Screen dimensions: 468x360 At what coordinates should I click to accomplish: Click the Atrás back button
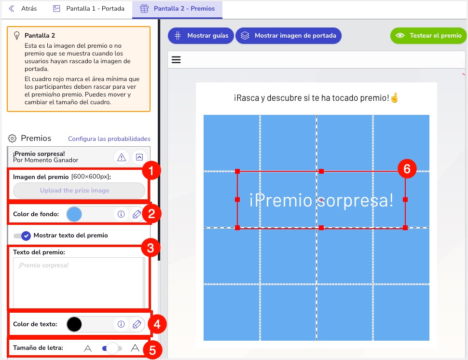click(x=23, y=8)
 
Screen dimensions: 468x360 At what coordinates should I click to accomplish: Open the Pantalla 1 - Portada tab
click(x=89, y=8)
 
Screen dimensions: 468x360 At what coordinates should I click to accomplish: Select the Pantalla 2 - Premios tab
click(x=177, y=9)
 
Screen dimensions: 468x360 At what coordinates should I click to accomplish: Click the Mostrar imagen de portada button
click(x=289, y=36)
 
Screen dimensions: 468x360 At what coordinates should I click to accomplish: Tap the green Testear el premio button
click(x=428, y=36)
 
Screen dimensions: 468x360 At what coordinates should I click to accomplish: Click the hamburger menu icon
click(x=176, y=60)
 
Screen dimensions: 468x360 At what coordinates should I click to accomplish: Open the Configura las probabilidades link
click(x=109, y=139)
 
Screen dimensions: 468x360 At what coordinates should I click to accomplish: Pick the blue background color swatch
click(x=74, y=214)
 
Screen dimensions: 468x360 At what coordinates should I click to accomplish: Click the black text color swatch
click(x=74, y=324)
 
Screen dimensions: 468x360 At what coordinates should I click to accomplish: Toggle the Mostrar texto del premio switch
click(x=22, y=235)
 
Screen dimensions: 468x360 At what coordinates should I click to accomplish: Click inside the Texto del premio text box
click(x=79, y=282)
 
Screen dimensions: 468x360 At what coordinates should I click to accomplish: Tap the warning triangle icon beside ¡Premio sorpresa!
click(x=122, y=157)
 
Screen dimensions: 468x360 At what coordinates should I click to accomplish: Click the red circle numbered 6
click(x=407, y=169)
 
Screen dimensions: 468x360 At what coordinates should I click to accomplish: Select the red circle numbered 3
click(x=151, y=248)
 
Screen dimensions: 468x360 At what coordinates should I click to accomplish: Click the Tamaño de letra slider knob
click(x=112, y=348)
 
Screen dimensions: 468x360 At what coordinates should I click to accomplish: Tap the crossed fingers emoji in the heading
click(x=395, y=97)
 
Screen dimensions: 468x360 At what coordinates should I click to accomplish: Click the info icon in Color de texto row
click(x=121, y=324)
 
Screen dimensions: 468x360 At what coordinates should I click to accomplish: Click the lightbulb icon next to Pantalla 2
click(x=17, y=36)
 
